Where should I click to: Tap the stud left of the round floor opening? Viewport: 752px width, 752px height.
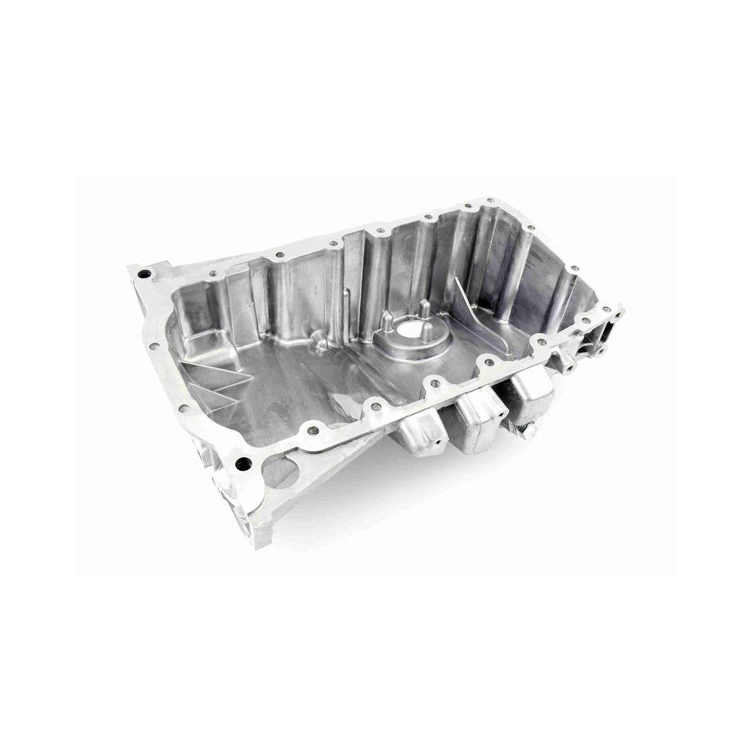(x=386, y=322)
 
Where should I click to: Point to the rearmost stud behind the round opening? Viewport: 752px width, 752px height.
(x=423, y=308)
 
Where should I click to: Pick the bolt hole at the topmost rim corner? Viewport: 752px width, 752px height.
(x=490, y=201)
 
